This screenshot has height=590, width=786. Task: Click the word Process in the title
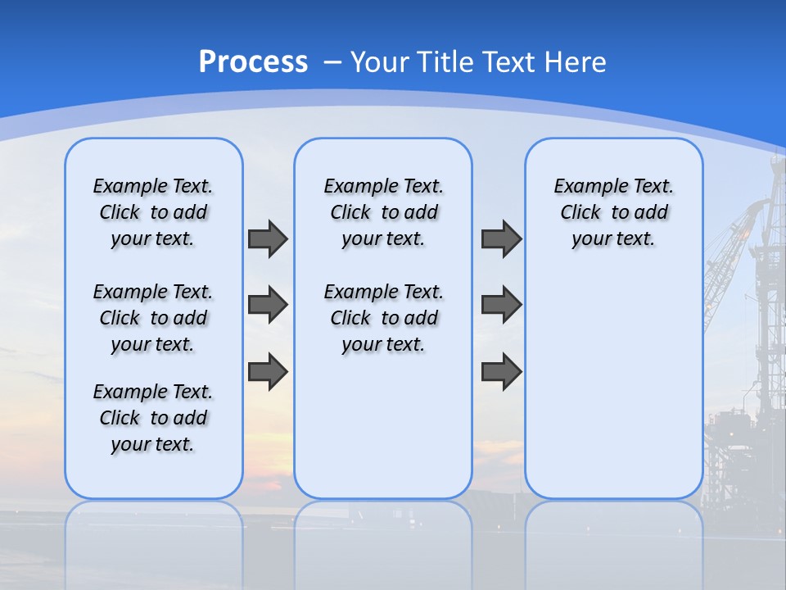coord(253,61)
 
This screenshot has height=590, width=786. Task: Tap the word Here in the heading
coord(575,62)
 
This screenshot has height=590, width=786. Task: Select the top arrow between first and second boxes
coord(268,238)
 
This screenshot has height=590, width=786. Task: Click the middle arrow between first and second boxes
coord(268,305)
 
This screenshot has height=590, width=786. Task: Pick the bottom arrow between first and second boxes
coord(268,371)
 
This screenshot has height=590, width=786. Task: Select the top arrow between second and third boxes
coord(501,238)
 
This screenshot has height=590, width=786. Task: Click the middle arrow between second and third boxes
coord(501,305)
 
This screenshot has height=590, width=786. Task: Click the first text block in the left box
coord(153,212)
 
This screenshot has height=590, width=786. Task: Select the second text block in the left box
coord(153,318)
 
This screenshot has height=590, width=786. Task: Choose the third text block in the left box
coord(153,418)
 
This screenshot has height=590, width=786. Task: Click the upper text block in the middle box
coord(383,212)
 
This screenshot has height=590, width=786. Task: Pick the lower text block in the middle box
coord(383,318)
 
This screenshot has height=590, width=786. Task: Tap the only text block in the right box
coord(613,212)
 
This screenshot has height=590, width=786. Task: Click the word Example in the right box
coord(585,187)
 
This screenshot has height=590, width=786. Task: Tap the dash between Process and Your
coord(332,62)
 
